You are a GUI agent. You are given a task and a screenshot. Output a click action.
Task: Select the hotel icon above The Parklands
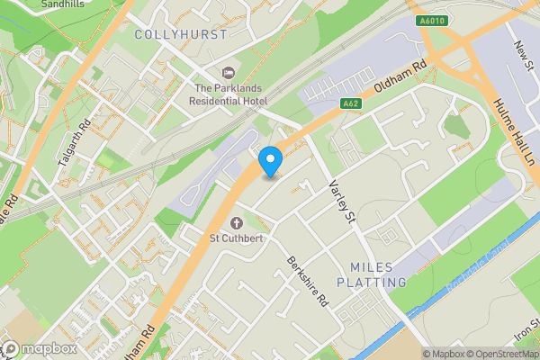tap(226, 71)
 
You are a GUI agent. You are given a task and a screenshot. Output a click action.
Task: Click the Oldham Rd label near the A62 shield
tap(398, 81)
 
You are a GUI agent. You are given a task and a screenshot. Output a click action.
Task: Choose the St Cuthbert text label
tap(236, 238)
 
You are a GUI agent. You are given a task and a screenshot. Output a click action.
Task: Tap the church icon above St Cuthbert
tap(237, 222)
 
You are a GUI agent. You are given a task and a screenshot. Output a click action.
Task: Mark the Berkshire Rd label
tap(306, 283)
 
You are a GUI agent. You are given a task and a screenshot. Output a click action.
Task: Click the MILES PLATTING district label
tap(372, 274)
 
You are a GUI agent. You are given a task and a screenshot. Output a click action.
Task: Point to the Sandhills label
tap(65, 4)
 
